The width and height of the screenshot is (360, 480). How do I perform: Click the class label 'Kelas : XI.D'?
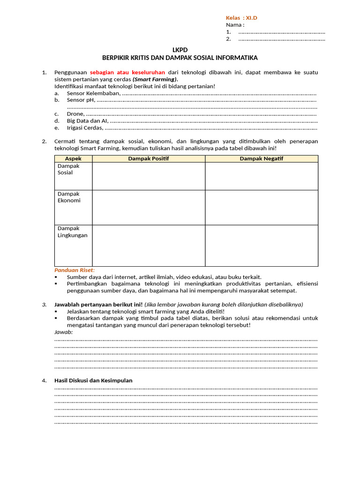pyautogui.click(x=241, y=18)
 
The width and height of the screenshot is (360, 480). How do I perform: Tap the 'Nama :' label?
pyautogui.click(x=235, y=25)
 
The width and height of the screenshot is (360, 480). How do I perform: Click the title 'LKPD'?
pyautogui.click(x=180, y=50)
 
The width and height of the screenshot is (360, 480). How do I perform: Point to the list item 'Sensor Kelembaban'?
pyautogui.click(x=94, y=93)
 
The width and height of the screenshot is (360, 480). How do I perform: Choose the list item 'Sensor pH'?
pyautogui.click(x=81, y=99)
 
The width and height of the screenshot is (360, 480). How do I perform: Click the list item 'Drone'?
pyautogui.click(x=75, y=113)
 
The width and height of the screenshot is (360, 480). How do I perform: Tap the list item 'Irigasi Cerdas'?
pyautogui.click(x=85, y=127)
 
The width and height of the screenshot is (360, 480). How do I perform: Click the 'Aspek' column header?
pyautogui.click(x=73, y=158)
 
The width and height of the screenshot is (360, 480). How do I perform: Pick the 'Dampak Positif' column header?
pyautogui.click(x=149, y=158)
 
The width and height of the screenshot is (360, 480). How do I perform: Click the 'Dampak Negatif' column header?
pyautogui.click(x=262, y=158)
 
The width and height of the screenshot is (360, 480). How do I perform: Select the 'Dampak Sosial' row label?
pyautogui.click(x=68, y=169)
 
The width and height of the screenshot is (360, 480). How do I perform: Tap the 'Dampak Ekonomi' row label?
pyautogui.click(x=69, y=197)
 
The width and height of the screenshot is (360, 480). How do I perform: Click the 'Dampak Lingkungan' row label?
pyautogui.click(x=72, y=232)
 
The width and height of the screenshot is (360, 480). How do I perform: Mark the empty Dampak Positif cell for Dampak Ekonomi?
pyautogui.click(x=149, y=207)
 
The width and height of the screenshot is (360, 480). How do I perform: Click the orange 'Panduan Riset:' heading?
pyautogui.click(x=75, y=270)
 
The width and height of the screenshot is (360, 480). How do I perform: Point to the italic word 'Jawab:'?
pyautogui.click(x=63, y=332)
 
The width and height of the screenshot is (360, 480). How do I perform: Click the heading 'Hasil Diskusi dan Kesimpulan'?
pyautogui.click(x=93, y=380)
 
